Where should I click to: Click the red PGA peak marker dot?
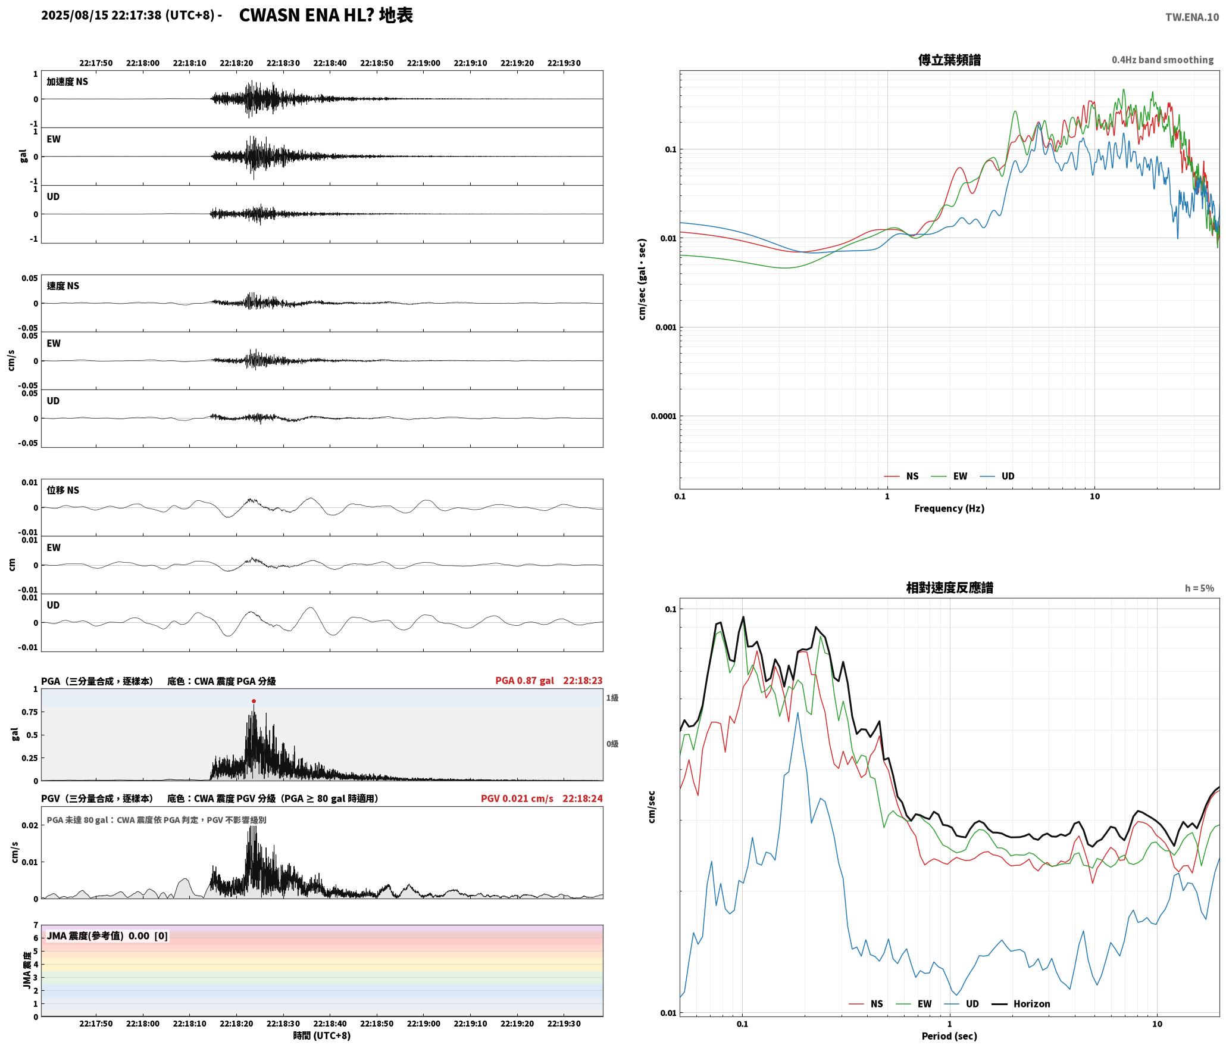pos(254,701)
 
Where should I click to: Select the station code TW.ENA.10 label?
pos(1191,17)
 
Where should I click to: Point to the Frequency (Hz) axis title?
pos(949,508)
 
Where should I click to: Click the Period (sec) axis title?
pos(949,1035)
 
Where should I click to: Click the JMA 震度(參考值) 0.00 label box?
pos(107,935)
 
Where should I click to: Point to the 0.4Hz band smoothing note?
pos(1162,60)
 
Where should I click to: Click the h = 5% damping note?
pos(1199,588)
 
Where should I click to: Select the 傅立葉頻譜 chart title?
pos(949,60)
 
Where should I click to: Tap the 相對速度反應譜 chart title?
pos(949,588)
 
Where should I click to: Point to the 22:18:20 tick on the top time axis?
pos(236,63)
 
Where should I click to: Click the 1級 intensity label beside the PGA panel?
pos(612,697)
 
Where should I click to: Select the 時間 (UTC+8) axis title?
pos(322,1035)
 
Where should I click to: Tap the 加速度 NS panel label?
pos(67,82)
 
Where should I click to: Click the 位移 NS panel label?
pos(62,490)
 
